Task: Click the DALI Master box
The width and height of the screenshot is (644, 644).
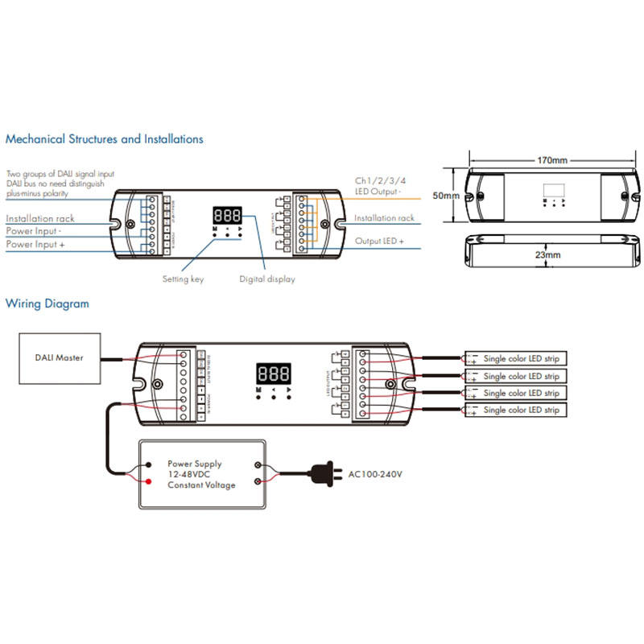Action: (x=59, y=357)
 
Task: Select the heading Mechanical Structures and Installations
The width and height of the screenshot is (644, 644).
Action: (x=105, y=139)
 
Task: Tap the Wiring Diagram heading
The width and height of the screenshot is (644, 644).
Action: (x=47, y=304)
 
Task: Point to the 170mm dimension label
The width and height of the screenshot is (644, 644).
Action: (x=552, y=160)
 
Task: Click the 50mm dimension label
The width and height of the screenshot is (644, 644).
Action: (x=445, y=196)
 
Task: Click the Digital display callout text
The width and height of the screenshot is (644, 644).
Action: (x=267, y=279)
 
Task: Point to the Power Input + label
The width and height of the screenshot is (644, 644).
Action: (x=36, y=244)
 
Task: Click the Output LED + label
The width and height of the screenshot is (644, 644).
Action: (x=380, y=241)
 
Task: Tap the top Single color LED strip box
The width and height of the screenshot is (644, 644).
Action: (x=515, y=358)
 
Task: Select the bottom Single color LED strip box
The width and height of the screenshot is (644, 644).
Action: (x=515, y=411)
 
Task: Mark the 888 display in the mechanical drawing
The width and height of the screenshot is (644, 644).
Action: (x=228, y=217)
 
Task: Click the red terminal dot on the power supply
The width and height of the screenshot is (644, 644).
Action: (x=149, y=482)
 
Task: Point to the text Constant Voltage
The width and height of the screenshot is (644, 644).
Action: (x=201, y=485)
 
